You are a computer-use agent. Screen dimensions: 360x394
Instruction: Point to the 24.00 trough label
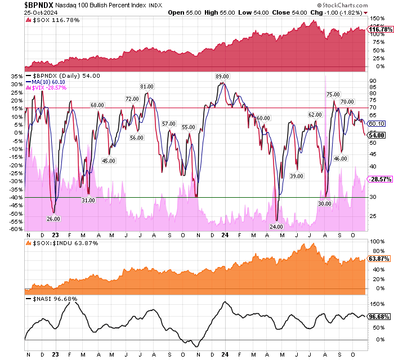click(276, 226)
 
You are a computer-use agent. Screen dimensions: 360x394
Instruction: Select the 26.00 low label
click(53, 219)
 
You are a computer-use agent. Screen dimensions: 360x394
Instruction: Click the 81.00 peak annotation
click(147, 86)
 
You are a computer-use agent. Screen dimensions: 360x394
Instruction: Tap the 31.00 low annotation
click(88, 200)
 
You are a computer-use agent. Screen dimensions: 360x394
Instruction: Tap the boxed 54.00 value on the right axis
click(377, 135)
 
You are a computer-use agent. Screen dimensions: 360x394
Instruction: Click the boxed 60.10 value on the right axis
click(376, 123)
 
